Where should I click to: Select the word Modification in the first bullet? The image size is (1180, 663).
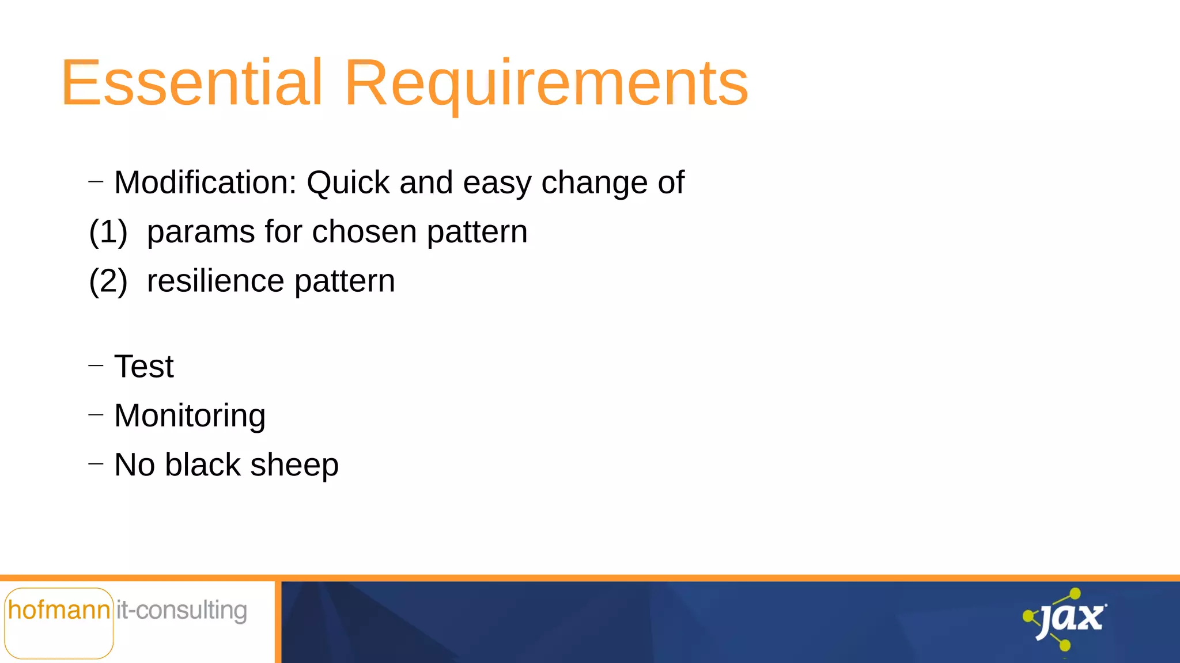(205, 183)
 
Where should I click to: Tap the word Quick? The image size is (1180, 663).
(348, 183)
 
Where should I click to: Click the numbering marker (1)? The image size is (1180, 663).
(108, 233)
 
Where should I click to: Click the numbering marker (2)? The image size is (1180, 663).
(108, 282)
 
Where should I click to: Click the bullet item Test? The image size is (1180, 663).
(144, 367)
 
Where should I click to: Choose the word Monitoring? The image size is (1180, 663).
(190, 416)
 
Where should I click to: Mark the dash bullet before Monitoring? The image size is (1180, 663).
(96, 414)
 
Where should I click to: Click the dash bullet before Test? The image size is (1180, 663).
(96, 365)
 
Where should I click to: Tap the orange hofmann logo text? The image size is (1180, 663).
(59, 610)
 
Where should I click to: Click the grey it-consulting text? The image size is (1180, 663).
(181, 611)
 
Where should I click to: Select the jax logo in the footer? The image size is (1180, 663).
(1066, 619)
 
